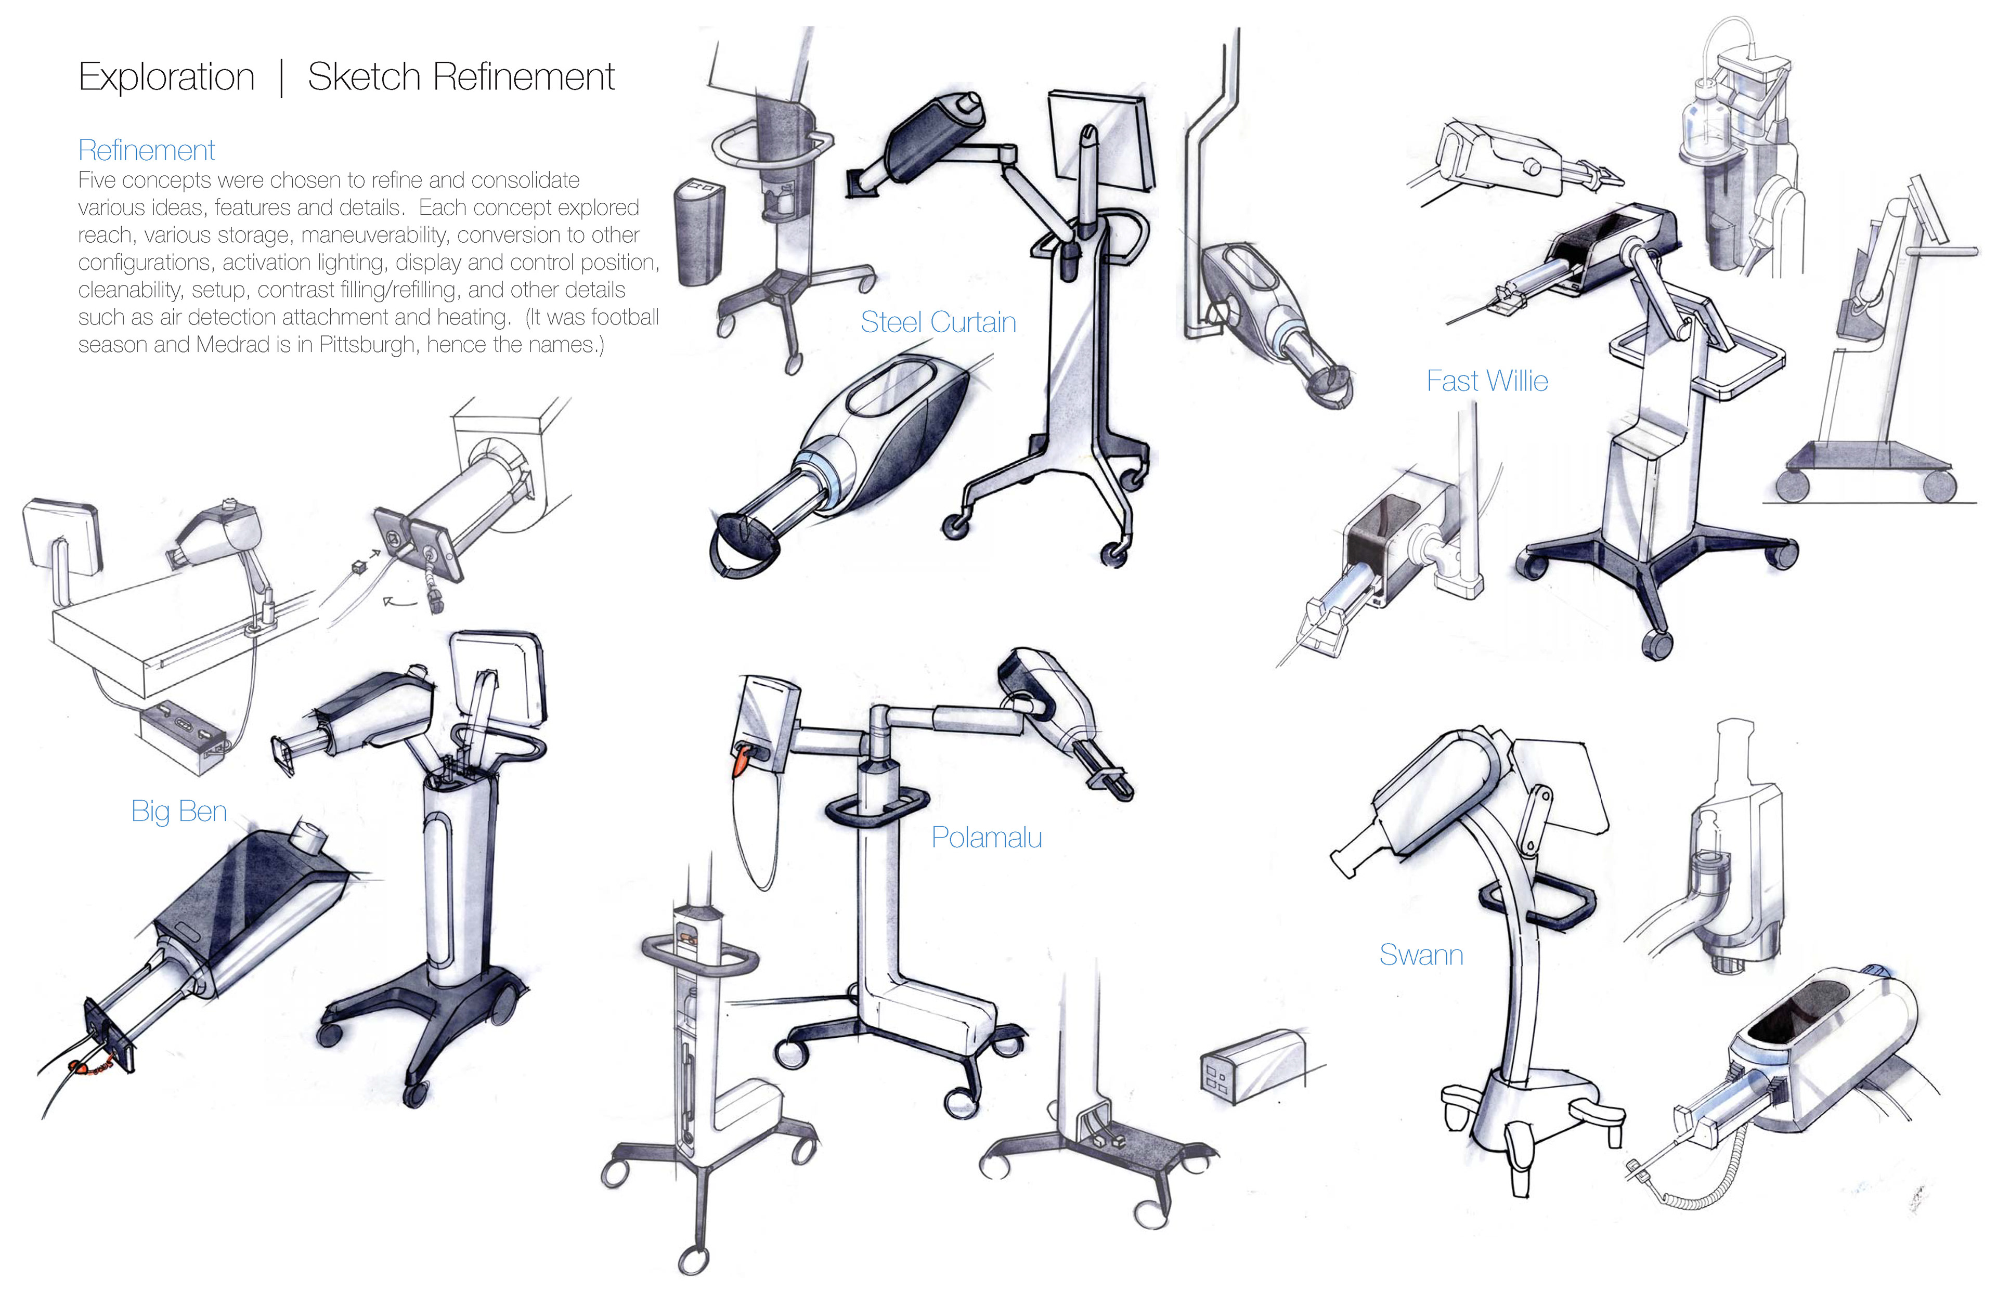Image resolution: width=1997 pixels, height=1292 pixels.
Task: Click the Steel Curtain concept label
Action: click(x=938, y=322)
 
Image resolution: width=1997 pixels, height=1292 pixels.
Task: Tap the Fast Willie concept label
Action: click(x=1487, y=381)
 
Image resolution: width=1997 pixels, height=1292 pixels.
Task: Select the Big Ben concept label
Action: click(x=179, y=811)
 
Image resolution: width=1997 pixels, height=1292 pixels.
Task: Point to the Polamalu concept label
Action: click(x=987, y=837)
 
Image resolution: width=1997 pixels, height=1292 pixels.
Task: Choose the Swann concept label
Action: click(x=1421, y=955)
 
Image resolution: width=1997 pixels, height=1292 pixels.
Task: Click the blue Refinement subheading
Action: click(x=147, y=150)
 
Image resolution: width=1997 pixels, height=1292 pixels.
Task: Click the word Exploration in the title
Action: click(x=166, y=77)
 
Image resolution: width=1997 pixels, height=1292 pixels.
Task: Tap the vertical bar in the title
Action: click(x=281, y=77)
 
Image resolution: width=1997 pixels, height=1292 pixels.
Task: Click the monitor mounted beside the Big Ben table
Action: click(x=60, y=537)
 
